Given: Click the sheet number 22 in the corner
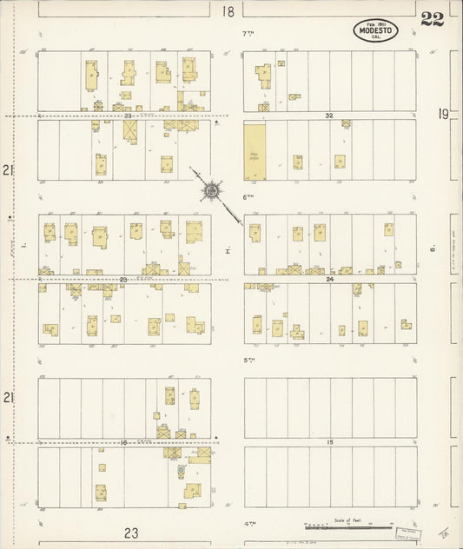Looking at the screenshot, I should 432,20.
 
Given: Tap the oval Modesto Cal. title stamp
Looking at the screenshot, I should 375,31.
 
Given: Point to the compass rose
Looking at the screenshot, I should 211,189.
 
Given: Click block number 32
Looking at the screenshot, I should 329,116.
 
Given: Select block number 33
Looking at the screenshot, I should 127,116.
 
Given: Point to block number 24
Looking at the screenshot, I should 329,279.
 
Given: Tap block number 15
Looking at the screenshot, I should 329,442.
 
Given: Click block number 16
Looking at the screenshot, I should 124,442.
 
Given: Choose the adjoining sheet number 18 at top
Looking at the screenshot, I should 228,11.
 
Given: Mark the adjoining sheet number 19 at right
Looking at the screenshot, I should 444,113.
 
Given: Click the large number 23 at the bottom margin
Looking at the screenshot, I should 131,533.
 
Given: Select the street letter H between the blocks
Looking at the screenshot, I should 226,251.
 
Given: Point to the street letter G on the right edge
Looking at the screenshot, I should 432,251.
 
